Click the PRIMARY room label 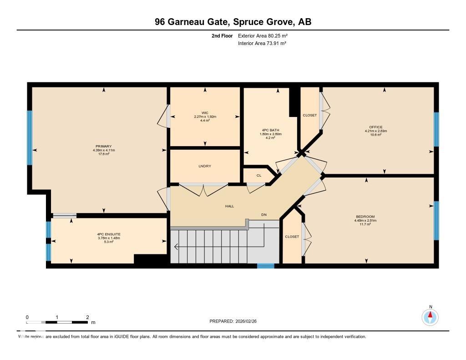[103, 147]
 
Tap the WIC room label [205, 113]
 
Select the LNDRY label [205, 166]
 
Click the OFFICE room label [375, 127]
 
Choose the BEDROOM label [365, 217]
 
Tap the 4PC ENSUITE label [109, 234]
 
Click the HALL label [229, 206]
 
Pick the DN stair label [263, 214]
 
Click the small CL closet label [258, 175]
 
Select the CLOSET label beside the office [309, 115]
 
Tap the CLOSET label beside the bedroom [292, 237]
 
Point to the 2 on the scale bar [87, 317]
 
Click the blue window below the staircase [266, 266]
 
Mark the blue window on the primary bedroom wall [30, 137]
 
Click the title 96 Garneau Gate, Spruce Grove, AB [233, 22]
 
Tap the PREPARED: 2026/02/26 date [236, 321]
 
